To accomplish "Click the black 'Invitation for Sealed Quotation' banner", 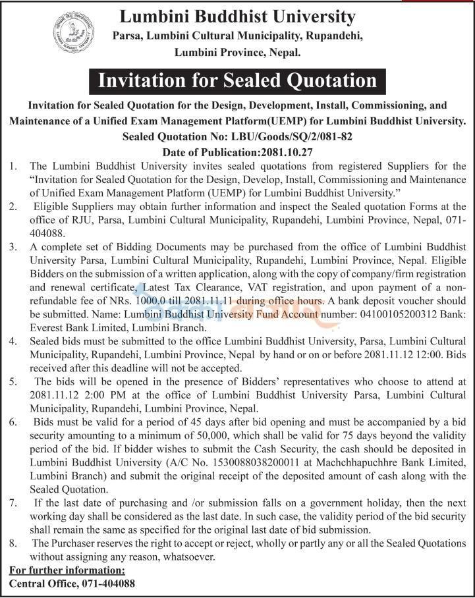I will click(237, 80).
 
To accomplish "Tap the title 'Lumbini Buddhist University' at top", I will click(237, 16).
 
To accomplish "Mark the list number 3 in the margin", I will click(13, 247).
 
